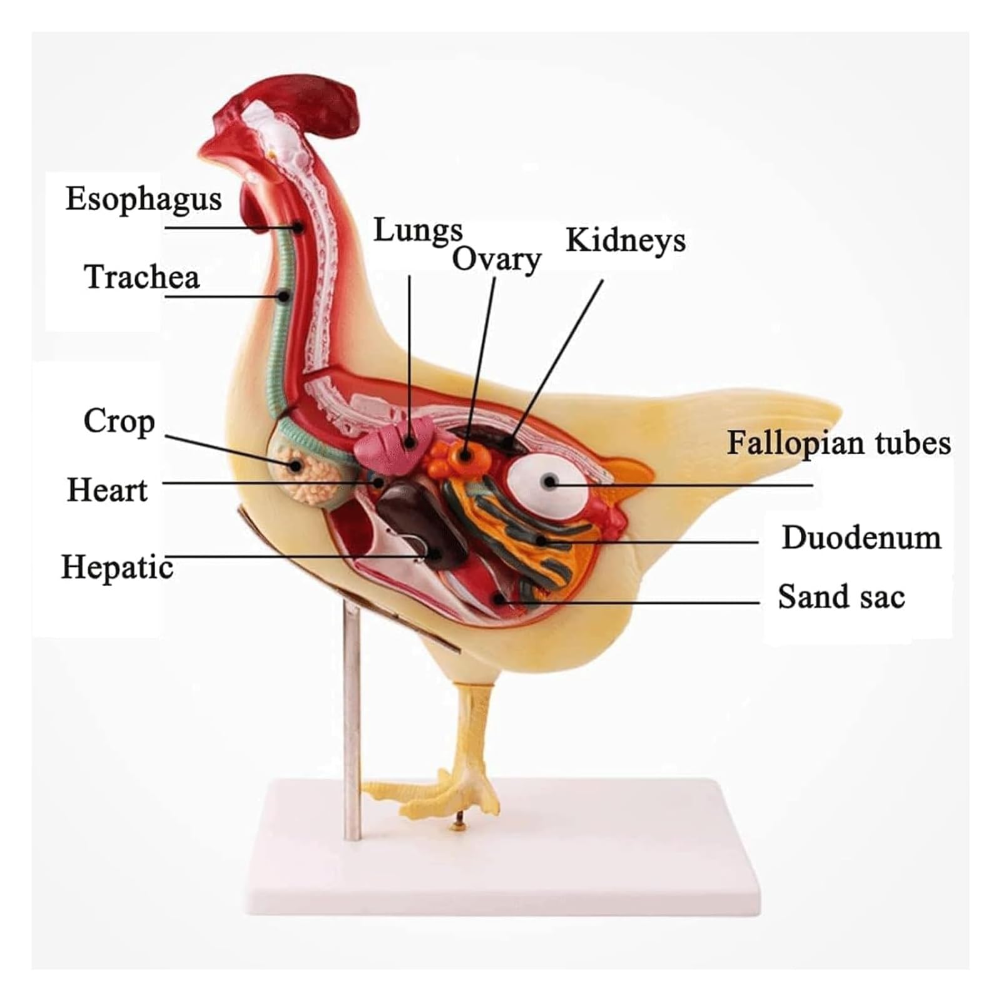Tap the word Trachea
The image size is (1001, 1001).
[142, 277]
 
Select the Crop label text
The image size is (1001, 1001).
[119, 422]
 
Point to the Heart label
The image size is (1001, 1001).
[107, 490]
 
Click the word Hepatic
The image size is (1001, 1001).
[117, 567]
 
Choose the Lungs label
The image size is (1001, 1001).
[418, 231]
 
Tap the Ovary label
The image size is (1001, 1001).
[497, 260]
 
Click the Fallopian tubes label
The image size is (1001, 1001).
[839, 443]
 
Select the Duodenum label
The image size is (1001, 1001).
[861, 537]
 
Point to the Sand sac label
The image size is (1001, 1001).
[841, 596]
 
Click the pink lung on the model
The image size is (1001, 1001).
[393, 445]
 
